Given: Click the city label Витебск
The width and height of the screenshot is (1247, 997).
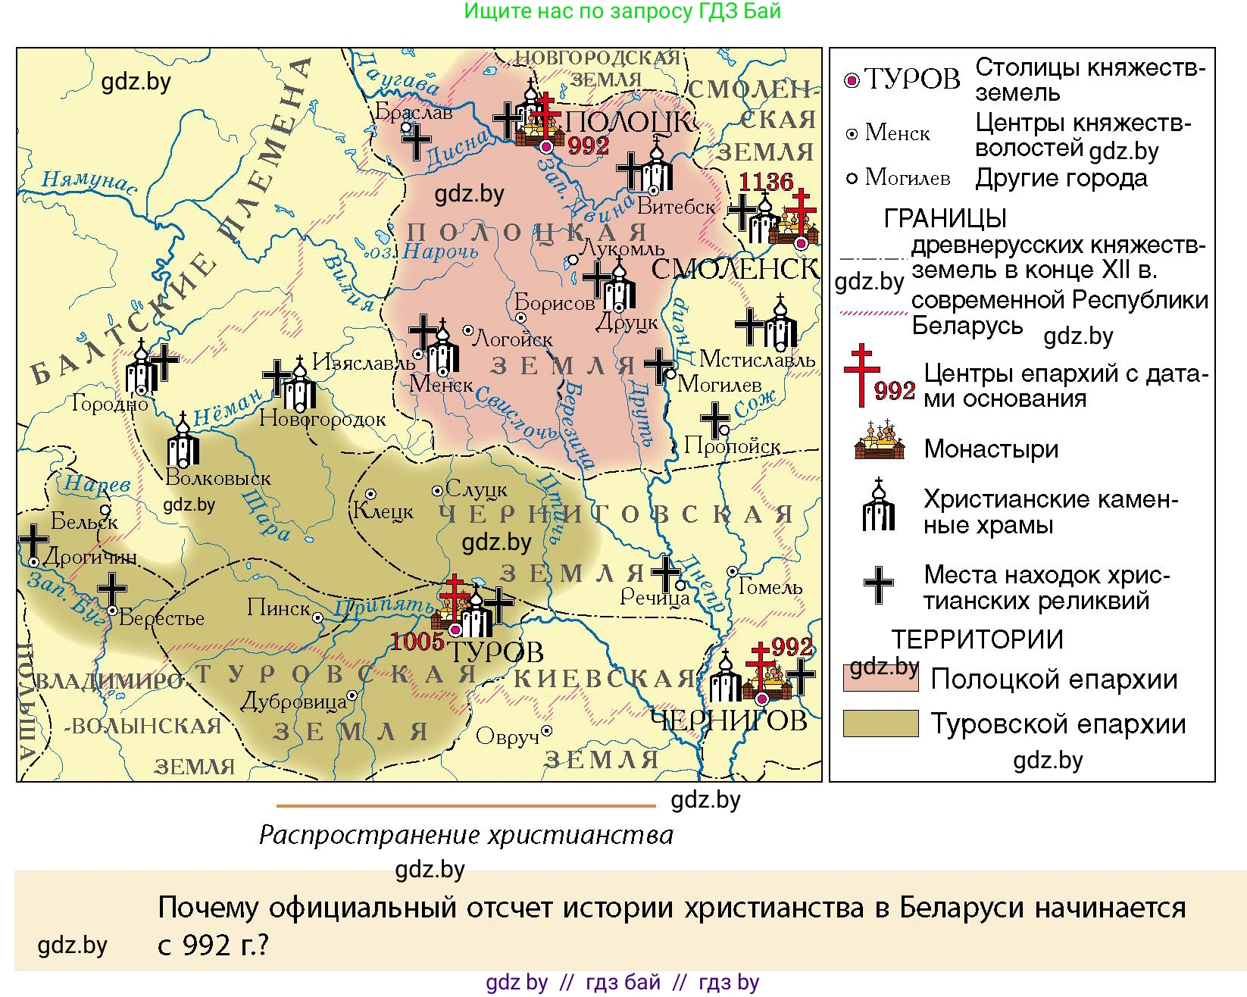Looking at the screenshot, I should [677, 206].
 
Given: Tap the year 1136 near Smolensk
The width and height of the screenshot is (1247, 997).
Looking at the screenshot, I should [766, 182].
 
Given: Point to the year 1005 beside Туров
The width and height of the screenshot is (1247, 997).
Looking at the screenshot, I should [417, 642].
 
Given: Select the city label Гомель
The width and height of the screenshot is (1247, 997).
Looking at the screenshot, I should [770, 587].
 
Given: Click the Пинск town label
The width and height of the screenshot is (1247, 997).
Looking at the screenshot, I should [279, 608].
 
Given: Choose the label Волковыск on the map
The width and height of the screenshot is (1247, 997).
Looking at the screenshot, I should [218, 478].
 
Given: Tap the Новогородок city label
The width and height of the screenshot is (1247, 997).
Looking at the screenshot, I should [323, 419].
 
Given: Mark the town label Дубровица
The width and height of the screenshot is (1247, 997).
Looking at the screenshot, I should [293, 702].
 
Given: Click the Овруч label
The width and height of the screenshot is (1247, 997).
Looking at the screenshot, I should [507, 736].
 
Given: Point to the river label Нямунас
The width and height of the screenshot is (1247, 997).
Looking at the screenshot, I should [89, 182].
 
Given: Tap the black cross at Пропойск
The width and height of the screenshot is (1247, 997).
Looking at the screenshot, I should [714, 420].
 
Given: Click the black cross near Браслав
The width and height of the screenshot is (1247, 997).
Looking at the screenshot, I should [416, 142].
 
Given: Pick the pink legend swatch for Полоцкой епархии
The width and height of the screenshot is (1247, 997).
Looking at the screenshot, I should [880, 678].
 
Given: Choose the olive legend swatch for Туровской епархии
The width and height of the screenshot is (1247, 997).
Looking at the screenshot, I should [880, 724].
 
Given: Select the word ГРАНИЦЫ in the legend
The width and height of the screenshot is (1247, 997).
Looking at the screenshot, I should [945, 219].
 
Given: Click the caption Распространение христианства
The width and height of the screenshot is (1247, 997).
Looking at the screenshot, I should [466, 835].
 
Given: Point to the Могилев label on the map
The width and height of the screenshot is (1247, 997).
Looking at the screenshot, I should [719, 384].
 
